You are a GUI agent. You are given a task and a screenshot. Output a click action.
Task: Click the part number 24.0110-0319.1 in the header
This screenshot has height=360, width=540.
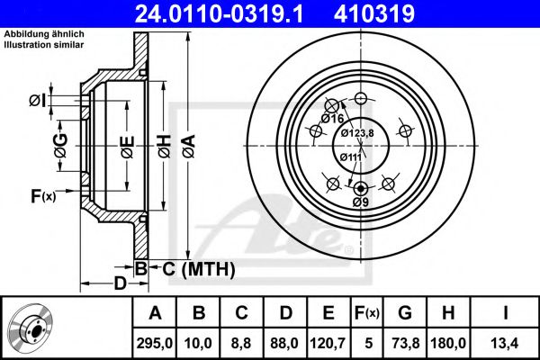(219, 13)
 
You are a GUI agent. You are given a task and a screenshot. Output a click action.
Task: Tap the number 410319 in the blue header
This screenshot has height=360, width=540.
(374, 13)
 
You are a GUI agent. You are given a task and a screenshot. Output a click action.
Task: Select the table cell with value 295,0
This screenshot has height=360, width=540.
(155, 343)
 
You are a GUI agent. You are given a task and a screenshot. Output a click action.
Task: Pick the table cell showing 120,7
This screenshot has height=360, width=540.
(328, 343)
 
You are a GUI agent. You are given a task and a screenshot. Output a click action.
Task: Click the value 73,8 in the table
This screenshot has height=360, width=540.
(405, 343)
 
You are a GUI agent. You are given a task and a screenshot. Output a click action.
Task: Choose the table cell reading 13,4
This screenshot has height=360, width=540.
(505, 343)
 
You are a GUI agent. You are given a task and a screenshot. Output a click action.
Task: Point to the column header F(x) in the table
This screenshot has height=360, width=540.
(367, 313)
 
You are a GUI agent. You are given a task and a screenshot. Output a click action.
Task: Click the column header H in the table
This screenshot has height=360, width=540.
(448, 313)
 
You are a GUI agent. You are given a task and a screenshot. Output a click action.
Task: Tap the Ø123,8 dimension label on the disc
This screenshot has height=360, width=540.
(357, 133)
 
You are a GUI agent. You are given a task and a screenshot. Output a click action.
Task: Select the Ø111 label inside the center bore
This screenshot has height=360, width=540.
(351, 157)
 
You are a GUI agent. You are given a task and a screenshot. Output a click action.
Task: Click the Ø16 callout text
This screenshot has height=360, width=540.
(332, 119)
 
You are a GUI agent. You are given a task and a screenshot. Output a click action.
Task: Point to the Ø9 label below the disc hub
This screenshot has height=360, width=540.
(361, 202)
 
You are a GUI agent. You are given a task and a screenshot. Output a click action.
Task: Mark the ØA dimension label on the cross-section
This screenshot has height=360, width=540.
(189, 147)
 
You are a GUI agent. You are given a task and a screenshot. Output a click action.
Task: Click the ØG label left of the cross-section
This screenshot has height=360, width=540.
(60, 146)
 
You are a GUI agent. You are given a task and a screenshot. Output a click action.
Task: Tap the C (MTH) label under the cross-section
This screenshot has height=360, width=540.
(198, 269)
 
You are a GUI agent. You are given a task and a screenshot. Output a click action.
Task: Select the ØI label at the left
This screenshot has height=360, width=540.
(38, 101)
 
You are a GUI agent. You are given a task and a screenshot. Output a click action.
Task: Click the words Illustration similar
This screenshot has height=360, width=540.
(44, 44)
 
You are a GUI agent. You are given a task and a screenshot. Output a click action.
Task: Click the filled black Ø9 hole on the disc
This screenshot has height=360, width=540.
(360, 188)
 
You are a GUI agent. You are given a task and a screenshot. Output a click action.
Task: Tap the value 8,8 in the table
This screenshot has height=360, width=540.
(241, 343)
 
